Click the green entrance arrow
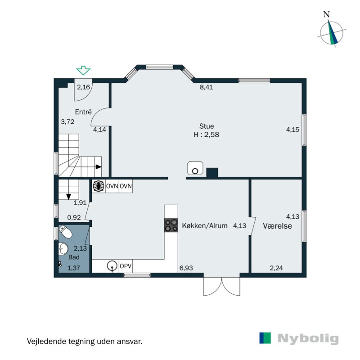(83, 70)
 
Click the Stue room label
(207, 126)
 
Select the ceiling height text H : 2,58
(207, 134)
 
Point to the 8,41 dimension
(206, 87)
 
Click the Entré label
(84, 112)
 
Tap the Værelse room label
(278, 226)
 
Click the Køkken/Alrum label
(205, 225)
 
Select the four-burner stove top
(171, 225)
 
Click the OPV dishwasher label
(126, 266)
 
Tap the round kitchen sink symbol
(112, 266)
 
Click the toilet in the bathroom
(65, 233)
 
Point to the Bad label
(73, 258)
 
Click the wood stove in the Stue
(194, 168)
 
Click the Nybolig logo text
(308, 338)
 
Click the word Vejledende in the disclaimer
(45, 341)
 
